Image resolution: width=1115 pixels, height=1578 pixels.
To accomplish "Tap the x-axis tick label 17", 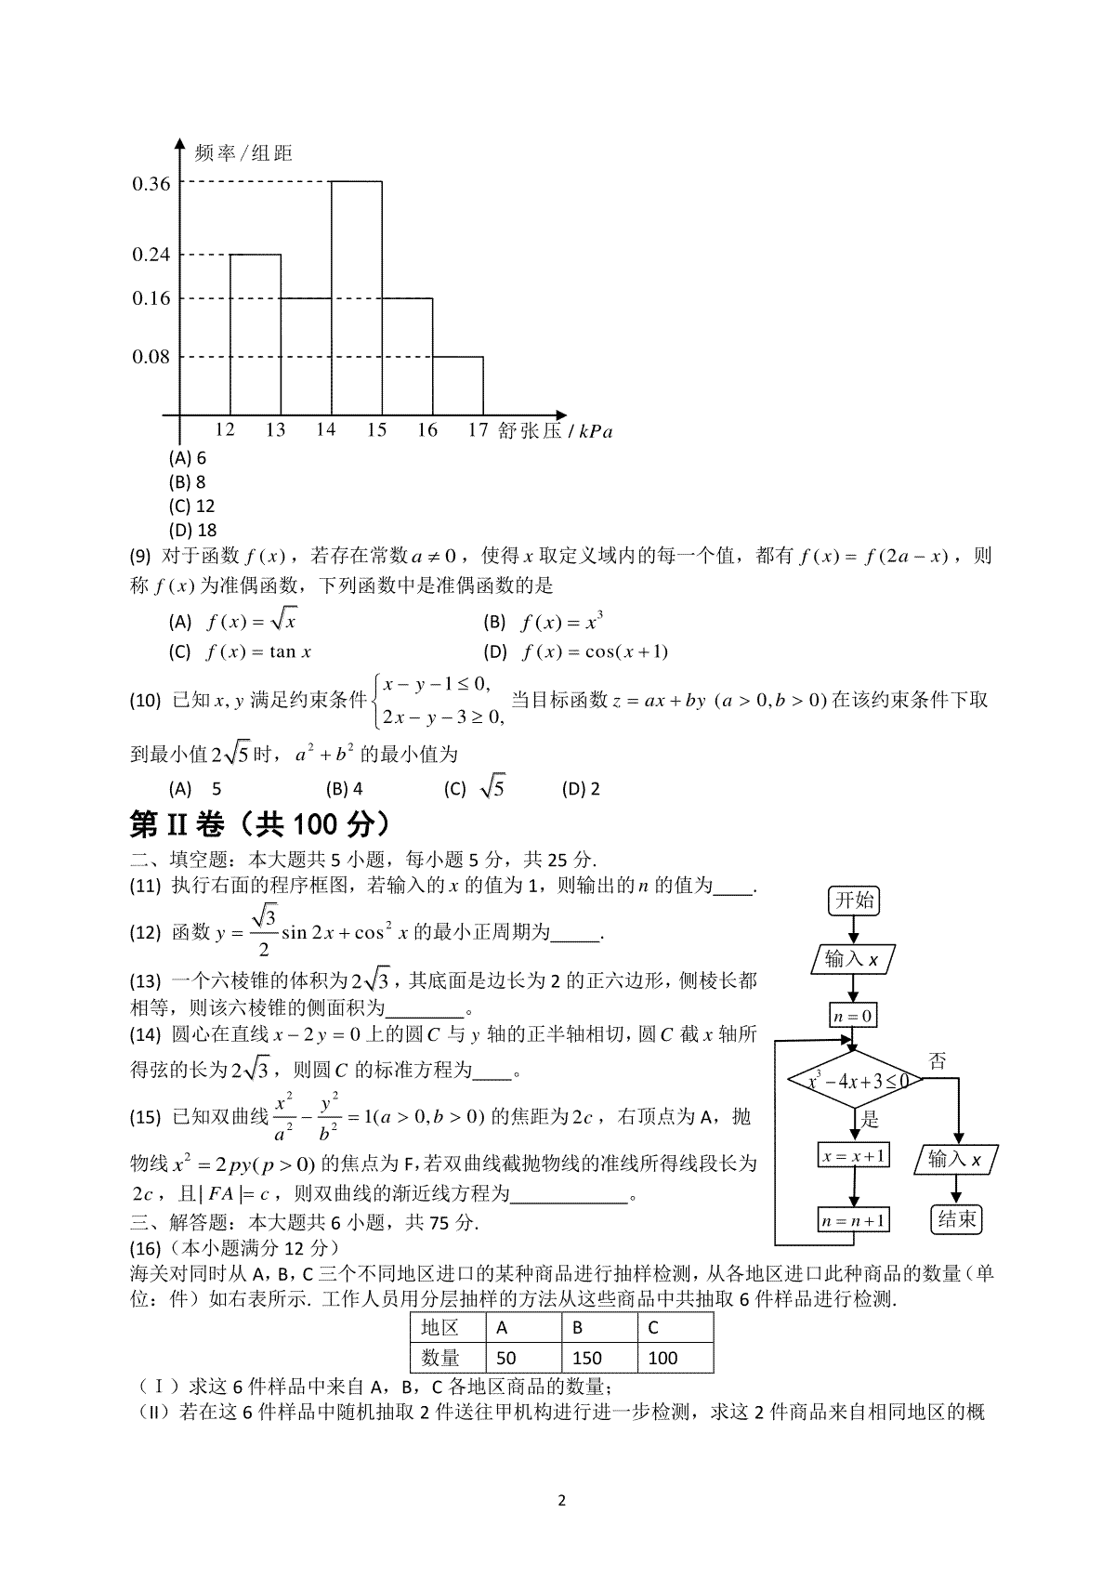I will (x=478, y=430).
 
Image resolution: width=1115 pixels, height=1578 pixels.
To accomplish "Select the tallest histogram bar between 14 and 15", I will (x=357, y=297).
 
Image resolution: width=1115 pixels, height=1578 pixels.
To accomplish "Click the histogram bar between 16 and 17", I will (x=457, y=386).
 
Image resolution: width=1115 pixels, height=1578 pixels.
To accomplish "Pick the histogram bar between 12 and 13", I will (x=256, y=335).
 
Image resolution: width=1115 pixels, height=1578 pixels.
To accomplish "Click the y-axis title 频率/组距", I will (x=244, y=153).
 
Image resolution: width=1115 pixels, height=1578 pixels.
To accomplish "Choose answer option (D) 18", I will (x=192, y=531).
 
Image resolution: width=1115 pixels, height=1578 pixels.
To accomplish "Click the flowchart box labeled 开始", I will (x=854, y=901).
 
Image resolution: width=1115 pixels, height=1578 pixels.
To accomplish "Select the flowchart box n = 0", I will (x=853, y=1016).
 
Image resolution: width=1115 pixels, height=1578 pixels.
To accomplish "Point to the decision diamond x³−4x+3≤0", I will (x=854, y=1081).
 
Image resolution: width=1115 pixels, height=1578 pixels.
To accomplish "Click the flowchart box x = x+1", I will (x=853, y=1156).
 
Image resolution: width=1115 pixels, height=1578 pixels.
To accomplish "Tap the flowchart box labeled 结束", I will (x=956, y=1219).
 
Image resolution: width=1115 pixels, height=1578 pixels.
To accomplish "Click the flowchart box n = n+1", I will (x=853, y=1220).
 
